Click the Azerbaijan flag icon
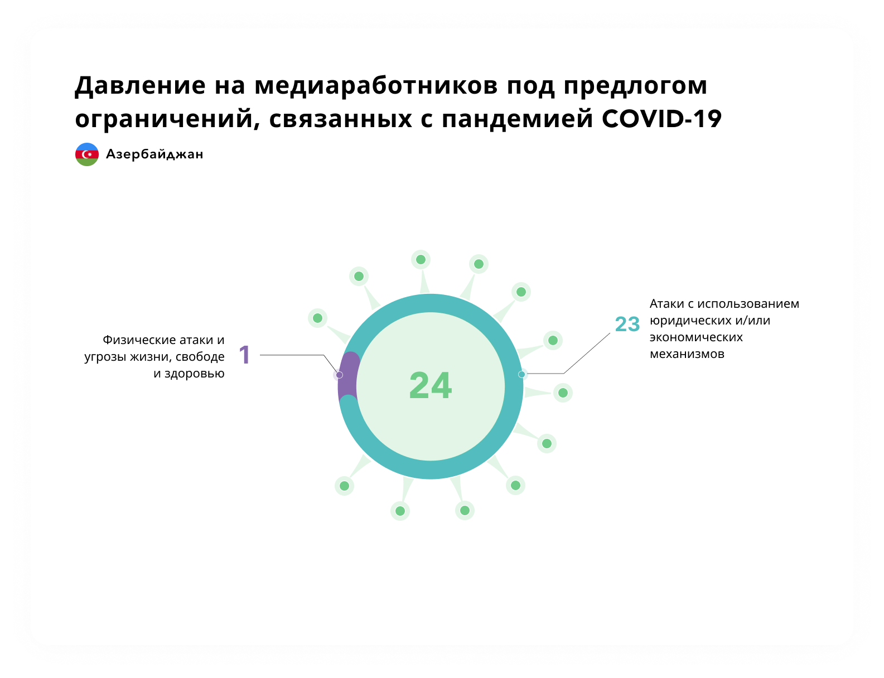[86, 154]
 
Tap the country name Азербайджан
[154, 154]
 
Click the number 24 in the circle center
[431, 386]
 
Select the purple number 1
[244, 355]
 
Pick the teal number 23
[627, 324]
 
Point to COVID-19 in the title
[661, 119]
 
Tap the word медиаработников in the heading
[376, 86]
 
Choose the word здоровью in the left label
[195, 374]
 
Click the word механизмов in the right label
[687, 354]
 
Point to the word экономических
[696, 337]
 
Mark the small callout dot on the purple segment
[339, 375]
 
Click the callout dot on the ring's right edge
[521, 374]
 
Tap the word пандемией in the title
[518, 119]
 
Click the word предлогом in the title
[635, 86]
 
